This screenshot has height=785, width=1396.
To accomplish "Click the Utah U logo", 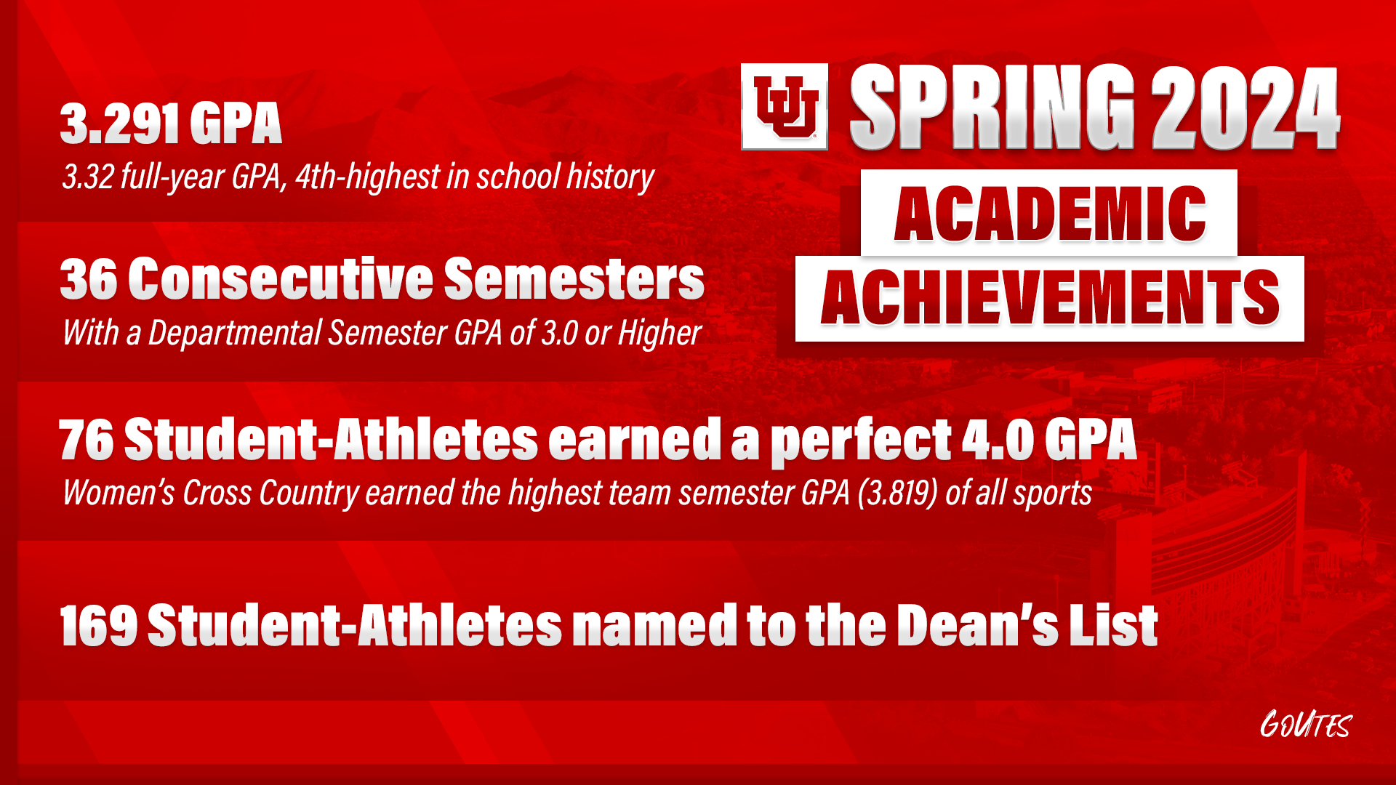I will click(785, 107).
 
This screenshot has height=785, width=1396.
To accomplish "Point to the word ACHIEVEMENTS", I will click(1049, 298).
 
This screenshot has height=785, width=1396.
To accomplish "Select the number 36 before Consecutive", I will click(88, 279).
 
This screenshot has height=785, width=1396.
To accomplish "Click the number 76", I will click(86, 440).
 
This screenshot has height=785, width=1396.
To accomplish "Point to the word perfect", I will click(861, 440).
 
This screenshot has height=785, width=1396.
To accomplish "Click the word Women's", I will click(119, 493).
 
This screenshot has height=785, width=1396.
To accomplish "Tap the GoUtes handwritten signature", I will click(1305, 725).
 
